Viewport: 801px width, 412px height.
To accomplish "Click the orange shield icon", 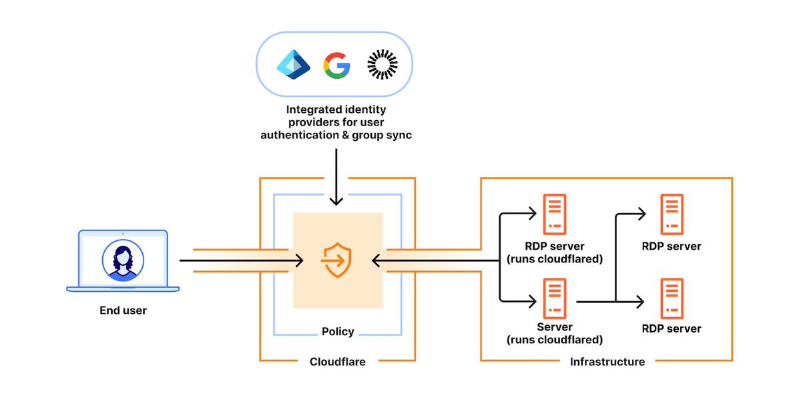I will click(337, 260).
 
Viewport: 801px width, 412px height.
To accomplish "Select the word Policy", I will click(337, 331).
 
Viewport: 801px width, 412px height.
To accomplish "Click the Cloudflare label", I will click(337, 362).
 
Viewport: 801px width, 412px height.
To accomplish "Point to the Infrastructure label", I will click(607, 362).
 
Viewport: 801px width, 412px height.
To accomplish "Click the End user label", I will click(123, 310).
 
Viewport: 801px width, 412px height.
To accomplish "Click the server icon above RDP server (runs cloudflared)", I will click(555, 213).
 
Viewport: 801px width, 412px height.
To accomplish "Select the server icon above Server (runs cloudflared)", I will click(555, 298).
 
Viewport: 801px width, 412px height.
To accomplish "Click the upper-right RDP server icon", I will click(672, 213).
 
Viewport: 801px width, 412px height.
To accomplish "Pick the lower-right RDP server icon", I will click(672, 298).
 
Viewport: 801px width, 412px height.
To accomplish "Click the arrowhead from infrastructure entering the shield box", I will click(377, 260).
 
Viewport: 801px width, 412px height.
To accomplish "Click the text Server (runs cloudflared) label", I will click(555, 333).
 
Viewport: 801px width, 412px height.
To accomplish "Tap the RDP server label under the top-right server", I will click(672, 246).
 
